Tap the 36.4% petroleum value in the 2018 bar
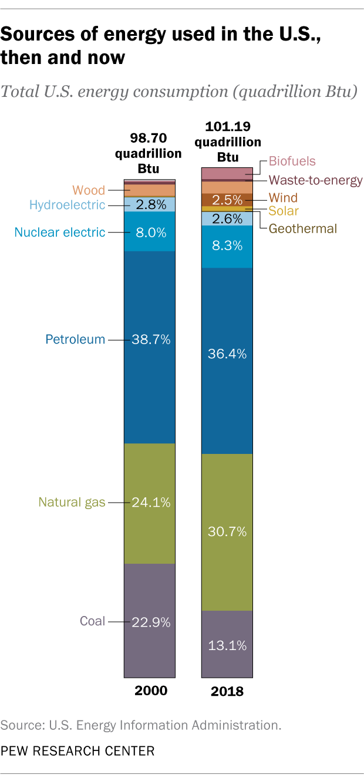227,354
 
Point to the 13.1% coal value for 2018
227,645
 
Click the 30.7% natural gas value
227,532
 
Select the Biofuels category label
292,161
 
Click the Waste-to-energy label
315,180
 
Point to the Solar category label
284,211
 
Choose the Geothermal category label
303,228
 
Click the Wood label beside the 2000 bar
89,190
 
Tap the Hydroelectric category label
67,205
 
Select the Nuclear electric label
60,232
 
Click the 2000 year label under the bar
151,691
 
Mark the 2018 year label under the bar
227,692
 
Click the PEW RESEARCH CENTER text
77,751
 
